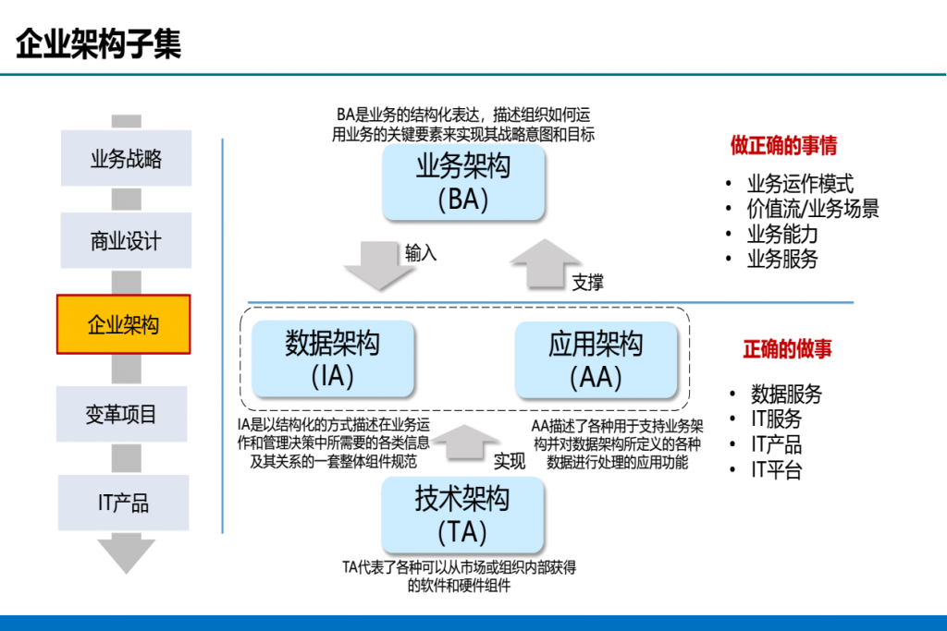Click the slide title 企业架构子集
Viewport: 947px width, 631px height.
pos(99,42)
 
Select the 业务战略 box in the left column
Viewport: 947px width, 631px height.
pos(126,158)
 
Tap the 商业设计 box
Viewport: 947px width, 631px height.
pos(126,241)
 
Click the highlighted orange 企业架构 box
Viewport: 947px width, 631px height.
pos(124,324)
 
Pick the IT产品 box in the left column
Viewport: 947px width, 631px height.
pos(123,503)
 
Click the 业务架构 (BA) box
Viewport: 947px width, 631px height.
pos(463,182)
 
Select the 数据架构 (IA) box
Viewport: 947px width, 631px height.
pos(332,359)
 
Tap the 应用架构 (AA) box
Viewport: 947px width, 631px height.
pos(596,359)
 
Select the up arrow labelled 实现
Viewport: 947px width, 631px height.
pos(465,442)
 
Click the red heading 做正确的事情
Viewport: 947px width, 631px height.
pos(783,146)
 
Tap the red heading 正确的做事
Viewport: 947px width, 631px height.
pos(787,348)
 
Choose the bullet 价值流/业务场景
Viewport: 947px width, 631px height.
pos(813,209)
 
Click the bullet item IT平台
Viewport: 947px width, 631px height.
pos(776,470)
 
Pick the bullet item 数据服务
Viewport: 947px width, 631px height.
pos(786,394)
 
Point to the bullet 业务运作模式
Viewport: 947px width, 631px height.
pos(800,184)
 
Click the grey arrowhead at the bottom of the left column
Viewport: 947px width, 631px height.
pos(127,553)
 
